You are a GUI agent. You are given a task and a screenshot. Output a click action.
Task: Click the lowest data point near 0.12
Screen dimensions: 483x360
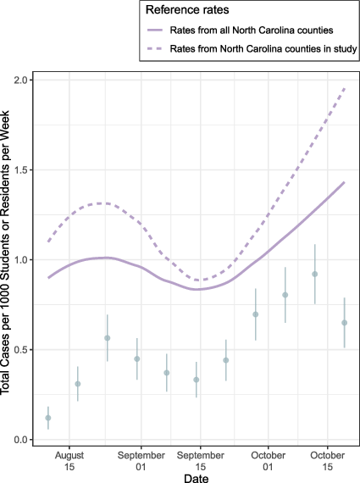48,418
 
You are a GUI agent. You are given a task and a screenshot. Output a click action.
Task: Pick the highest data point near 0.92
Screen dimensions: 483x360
315,274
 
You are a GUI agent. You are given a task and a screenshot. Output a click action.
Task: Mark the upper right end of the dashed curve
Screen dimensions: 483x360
345,87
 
